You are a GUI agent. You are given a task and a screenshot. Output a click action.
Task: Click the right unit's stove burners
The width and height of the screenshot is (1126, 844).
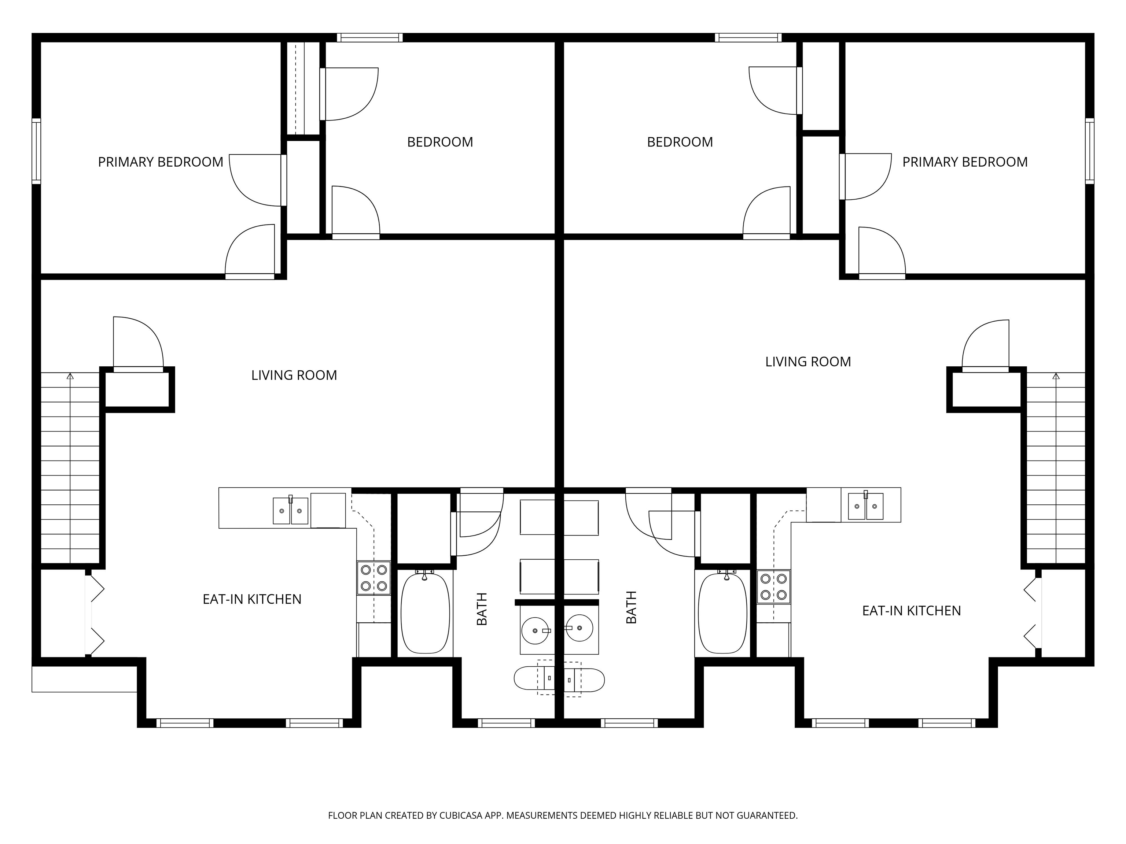pyautogui.click(x=773, y=586)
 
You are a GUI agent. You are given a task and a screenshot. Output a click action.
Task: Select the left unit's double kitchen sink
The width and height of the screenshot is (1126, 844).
pyautogui.click(x=291, y=511)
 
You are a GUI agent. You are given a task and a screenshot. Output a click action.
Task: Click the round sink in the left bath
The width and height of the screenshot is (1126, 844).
pyautogui.click(x=535, y=630)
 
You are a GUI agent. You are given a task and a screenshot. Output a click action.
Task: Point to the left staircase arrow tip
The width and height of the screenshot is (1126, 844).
pyautogui.click(x=70, y=376)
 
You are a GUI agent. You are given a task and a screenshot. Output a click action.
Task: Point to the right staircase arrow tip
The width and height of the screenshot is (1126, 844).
pyautogui.click(x=1056, y=376)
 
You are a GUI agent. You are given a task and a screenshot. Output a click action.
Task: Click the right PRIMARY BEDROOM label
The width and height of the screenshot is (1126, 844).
pyautogui.click(x=965, y=162)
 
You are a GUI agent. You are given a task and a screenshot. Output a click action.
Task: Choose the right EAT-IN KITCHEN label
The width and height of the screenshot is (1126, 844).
pyautogui.click(x=911, y=611)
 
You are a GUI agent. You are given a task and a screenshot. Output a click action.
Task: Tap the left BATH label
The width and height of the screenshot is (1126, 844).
pyautogui.click(x=482, y=608)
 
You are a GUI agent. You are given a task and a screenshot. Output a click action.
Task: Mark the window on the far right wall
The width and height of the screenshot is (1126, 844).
pyautogui.click(x=1089, y=151)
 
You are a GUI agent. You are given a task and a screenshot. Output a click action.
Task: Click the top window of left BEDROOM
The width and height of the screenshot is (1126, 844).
pyautogui.click(x=369, y=37)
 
